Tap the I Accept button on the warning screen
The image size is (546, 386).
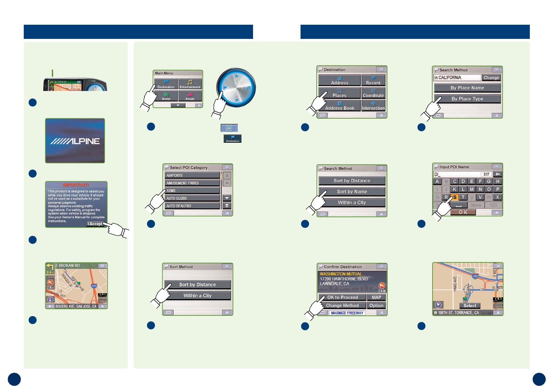pyautogui.click(x=95, y=224)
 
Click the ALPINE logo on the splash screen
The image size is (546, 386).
pyautogui.click(x=75, y=141)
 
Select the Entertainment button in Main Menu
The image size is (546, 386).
pyautogui.click(x=190, y=84)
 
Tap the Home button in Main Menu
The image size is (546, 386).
pyautogui.click(x=166, y=96)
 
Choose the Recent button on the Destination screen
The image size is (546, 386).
pyautogui.click(x=373, y=80)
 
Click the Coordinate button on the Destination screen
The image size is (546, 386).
pyautogui.click(x=373, y=93)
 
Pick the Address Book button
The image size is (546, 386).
pyautogui.click(x=339, y=106)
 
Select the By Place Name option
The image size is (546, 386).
pyautogui.click(x=467, y=88)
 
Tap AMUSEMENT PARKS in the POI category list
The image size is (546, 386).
pyautogui.click(x=192, y=183)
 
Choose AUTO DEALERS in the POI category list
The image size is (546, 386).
pyautogui.click(x=192, y=206)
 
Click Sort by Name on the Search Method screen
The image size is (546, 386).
pyautogui.click(x=352, y=192)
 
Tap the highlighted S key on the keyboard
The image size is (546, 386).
pyautogui.click(x=454, y=197)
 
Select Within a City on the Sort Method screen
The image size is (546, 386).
pyautogui.click(x=197, y=296)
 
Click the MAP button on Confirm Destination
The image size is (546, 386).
pyautogui.click(x=376, y=297)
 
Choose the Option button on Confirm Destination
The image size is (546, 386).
pyautogui.click(x=376, y=306)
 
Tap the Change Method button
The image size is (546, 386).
pyautogui.click(x=342, y=306)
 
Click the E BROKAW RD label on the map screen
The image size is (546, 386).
pyautogui.click(x=68, y=266)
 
